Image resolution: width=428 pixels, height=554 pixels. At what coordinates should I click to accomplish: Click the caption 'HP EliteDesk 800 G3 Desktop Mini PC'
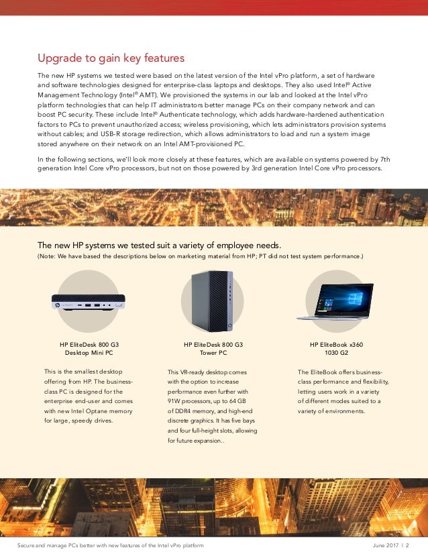89,348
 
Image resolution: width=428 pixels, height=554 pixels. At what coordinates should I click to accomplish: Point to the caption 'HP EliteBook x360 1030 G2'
336,348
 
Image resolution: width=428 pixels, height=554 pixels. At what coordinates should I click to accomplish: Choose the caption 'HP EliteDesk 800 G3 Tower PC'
213,348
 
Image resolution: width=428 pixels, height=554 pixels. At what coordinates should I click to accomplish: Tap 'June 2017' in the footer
386,546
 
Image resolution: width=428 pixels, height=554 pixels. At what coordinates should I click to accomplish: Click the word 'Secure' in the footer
27,546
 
